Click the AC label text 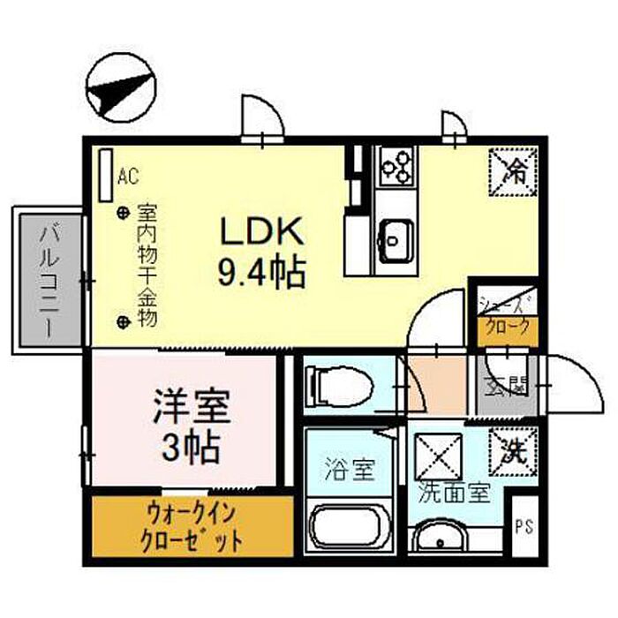[x=127, y=176]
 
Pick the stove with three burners [x=396, y=166]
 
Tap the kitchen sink [x=396, y=237]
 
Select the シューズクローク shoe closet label [x=506, y=317]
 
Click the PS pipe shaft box [x=524, y=527]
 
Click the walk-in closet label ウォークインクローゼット [x=192, y=526]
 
